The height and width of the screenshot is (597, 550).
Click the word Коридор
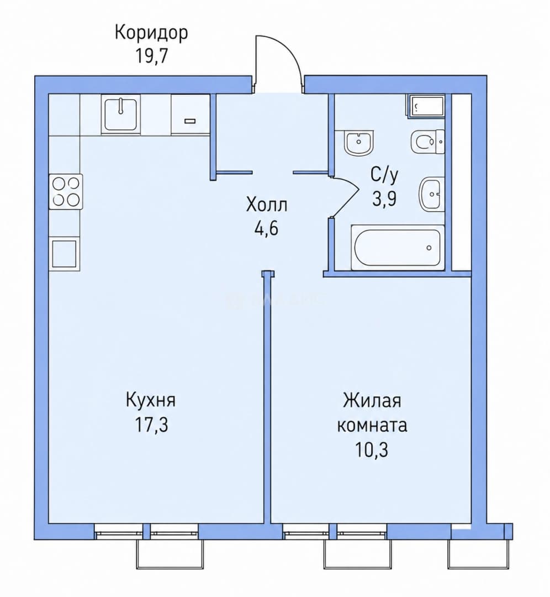click(151, 33)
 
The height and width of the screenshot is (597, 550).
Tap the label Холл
click(267, 205)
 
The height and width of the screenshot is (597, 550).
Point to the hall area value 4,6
click(267, 228)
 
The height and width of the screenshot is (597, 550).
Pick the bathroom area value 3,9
click(384, 198)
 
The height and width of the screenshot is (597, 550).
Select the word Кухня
click(151, 401)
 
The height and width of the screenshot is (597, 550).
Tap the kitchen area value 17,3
click(151, 425)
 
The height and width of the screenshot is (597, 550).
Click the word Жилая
click(372, 401)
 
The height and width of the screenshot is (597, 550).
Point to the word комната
click(372, 425)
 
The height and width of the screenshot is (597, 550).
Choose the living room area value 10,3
click(372, 449)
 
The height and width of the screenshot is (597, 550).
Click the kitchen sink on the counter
click(121, 114)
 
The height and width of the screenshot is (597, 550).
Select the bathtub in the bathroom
click(398, 248)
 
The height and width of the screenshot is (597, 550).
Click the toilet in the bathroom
click(428, 142)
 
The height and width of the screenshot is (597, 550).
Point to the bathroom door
click(345, 197)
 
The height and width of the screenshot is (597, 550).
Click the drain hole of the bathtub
click(429, 248)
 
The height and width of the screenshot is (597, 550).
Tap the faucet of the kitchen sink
click(121, 106)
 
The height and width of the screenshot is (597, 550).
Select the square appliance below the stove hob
click(65, 254)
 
